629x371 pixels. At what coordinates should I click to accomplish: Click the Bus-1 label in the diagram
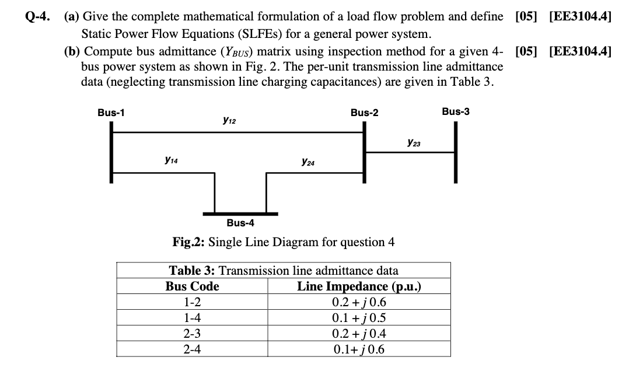[x=111, y=113]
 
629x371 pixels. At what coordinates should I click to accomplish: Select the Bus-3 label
[x=455, y=111]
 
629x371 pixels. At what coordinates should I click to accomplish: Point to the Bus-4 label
[x=240, y=222]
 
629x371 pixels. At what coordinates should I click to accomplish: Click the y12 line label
[x=229, y=121]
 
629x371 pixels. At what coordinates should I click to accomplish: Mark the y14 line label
[x=171, y=158]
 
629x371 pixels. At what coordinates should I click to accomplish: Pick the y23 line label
[x=414, y=142]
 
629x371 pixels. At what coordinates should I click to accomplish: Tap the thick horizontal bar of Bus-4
[x=240, y=213]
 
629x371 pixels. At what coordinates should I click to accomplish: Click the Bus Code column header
[x=192, y=286]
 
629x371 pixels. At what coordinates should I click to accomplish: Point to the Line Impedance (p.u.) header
[x=359, y=286]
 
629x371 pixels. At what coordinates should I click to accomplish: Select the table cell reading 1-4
[x=192, y=318]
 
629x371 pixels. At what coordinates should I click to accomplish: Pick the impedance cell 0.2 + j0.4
[x=359, y=334]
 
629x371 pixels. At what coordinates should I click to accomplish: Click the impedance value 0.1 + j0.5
[x=359, y=318]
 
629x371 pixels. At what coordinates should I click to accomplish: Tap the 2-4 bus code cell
[x=192, y=350]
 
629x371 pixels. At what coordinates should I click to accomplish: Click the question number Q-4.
[x=39, y=17]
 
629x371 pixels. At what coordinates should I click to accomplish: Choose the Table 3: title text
[x=192, y=271]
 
